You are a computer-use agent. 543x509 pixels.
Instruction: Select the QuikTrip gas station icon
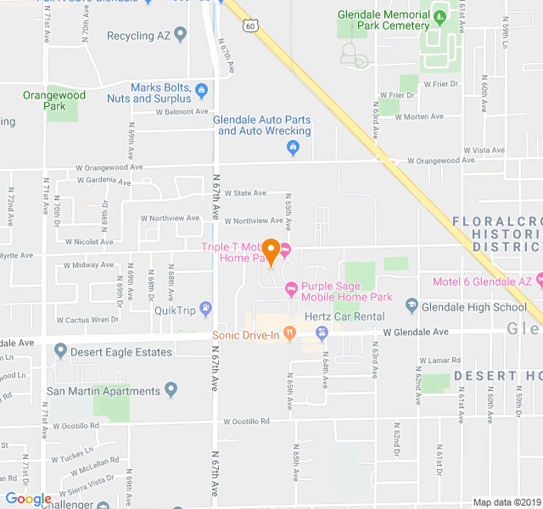point(204,308)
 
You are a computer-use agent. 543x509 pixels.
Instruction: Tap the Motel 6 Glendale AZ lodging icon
point(539,281)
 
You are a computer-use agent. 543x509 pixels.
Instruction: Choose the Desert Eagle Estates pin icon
point(60,351)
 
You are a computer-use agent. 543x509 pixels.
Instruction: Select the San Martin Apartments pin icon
point(171,391)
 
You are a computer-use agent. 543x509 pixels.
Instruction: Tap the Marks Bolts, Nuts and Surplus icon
point(200,90)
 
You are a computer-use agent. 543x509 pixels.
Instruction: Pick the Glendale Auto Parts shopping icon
point(293,148)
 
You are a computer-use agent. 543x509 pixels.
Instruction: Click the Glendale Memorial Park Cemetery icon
point(439,15)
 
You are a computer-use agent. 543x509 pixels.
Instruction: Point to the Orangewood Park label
point(44,101)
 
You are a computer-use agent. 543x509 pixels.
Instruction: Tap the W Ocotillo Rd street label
point(246,421)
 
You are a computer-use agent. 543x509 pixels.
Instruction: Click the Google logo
point(28,499)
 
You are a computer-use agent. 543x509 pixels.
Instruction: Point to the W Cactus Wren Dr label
point(88,320)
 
